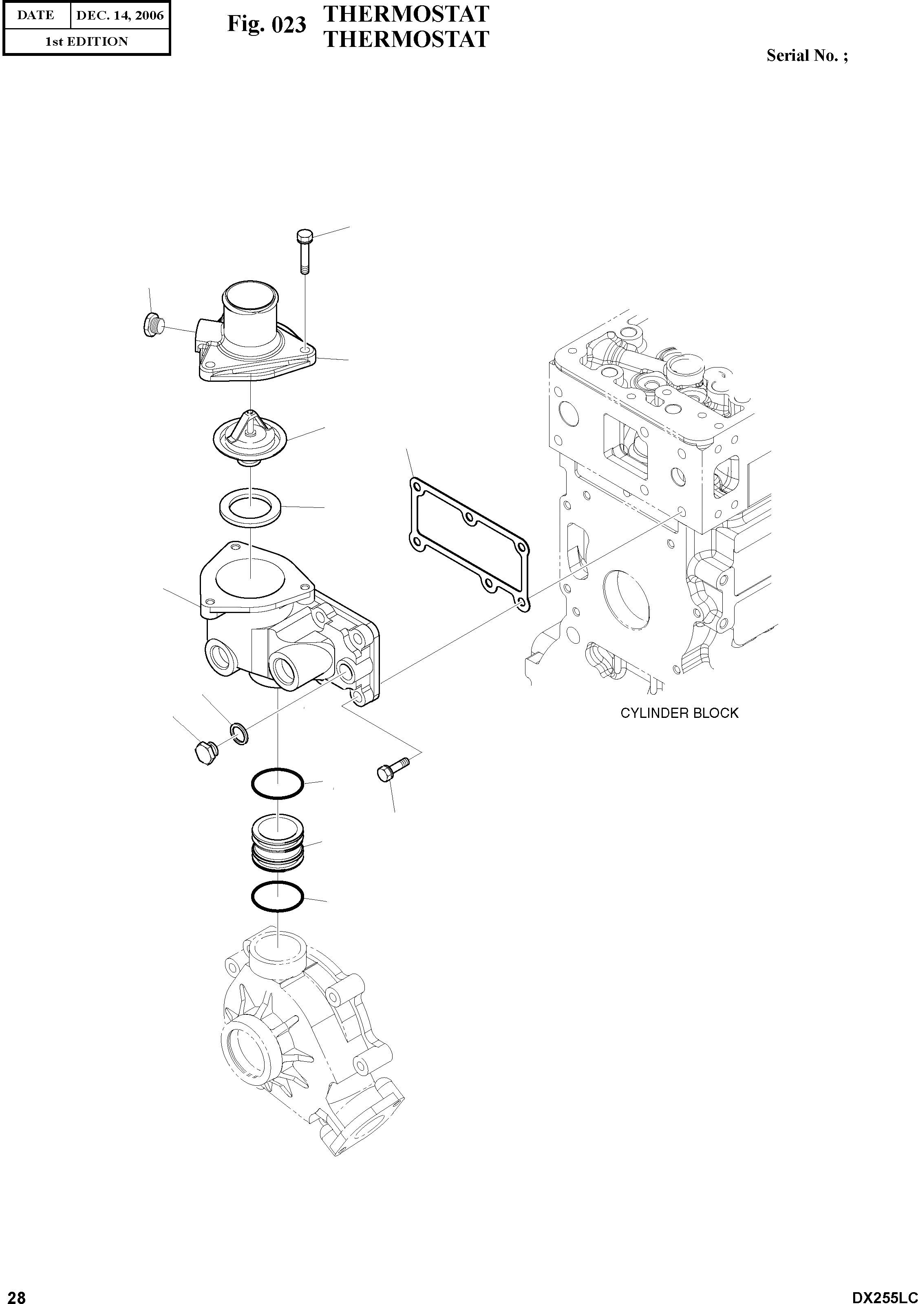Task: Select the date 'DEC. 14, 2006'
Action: point(120,15)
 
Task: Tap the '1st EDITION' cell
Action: point(86,42)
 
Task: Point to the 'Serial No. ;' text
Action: point(807,55)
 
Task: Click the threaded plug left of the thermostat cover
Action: point(152,324)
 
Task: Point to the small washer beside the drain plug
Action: point(239,733)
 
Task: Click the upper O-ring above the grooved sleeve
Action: point(278,784)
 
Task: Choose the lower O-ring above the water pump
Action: point(278,897)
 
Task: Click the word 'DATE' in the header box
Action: point(36,15)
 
